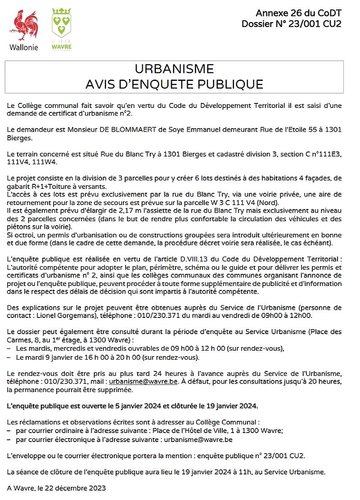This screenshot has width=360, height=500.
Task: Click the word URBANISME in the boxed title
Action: pyautogui.click(x=174, y=69)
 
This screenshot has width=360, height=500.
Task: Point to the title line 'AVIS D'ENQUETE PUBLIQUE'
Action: pyautogui.click(x=174, y=84)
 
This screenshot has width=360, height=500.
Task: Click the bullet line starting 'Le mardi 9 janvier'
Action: pyautogui.click(x=107, y=357)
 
